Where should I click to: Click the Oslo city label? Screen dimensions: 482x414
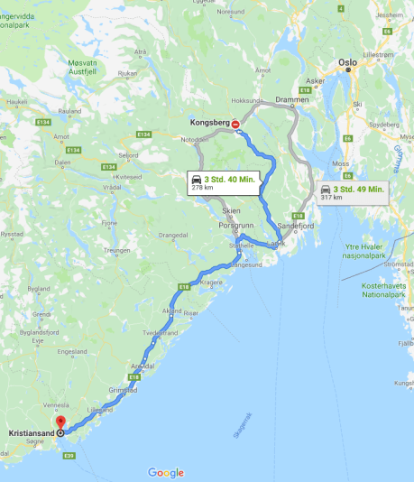(347, 62)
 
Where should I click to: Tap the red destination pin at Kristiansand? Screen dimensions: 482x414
(60, 422)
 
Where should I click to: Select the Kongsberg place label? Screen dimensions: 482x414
(209, 122)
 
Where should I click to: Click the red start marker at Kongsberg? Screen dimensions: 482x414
(235, 124)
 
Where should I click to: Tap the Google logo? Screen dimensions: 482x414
(166, 473)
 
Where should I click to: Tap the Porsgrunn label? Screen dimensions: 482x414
(235, 227)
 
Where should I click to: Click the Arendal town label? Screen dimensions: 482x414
(143, 366)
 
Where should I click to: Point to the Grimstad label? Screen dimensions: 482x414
(123, 390)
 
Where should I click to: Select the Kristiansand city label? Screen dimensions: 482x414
(29, 433)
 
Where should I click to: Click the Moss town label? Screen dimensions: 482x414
(341, 163)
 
